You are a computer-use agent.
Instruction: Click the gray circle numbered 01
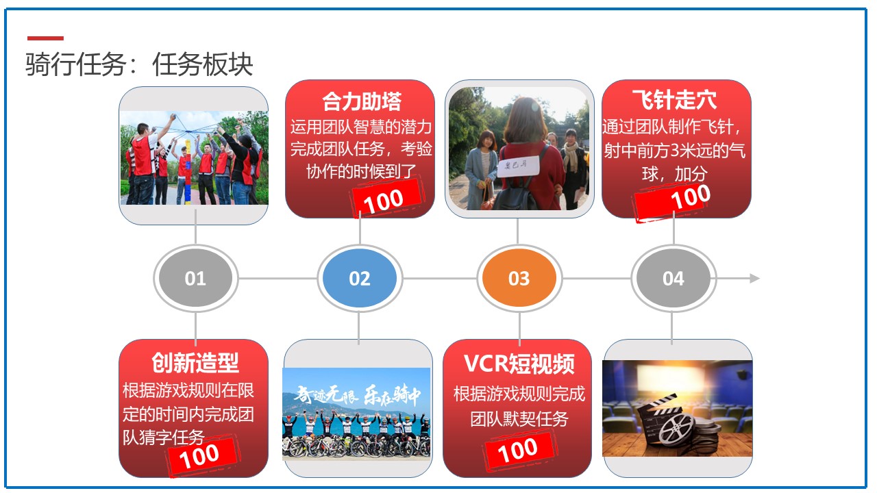(x=195, y=278)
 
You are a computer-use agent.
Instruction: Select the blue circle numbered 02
(x=360, y=278)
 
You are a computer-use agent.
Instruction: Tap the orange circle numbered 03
(x=519, y=278)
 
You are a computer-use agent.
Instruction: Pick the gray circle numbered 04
(x=674, y=278)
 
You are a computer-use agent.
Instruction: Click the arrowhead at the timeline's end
(x=754, y=278)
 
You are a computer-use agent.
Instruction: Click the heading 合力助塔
(x=362, y=101)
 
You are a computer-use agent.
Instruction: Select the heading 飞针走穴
(x=675, y=99)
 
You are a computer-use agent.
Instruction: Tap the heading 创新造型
(x=195, y=363)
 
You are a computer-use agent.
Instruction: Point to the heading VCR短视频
(x=519, y=364)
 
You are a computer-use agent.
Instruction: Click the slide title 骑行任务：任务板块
(x=139, y=64)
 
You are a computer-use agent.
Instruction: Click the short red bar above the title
(x=45, y=38)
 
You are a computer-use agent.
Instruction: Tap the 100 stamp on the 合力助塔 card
(x=386, y=199)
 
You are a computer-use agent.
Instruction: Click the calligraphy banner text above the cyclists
(x=357, y=396)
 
